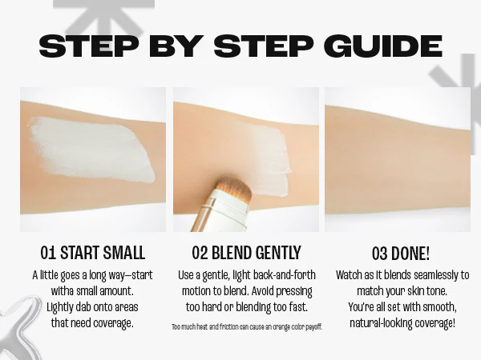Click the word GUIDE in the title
pyautogui.click(x=383, y=46)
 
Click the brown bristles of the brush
pyautogui.click(x=234, y=187)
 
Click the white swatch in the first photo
pyautogui.click(x=91, y=150)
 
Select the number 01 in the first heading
pyautogui.click(x=48, y=254)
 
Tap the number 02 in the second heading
pyautogui.click(x=200, y=253)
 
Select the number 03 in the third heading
pyautogui.click(x=380, y=254)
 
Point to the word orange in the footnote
pyautogui.click(x=281, y=327)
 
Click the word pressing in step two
pyautogui.click(x=294, y=291)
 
